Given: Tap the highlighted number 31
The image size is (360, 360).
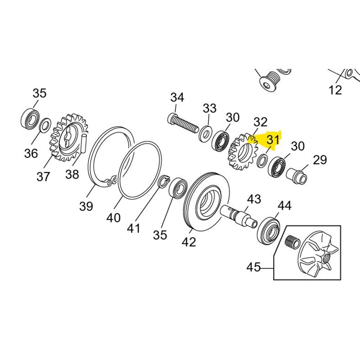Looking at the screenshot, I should [x=273, y=139].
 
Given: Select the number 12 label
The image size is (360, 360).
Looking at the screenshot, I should [x=335, y=90].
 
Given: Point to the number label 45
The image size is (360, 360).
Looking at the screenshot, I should [x=254, y=267].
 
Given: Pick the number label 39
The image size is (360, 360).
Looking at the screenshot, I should [x=86, y=206].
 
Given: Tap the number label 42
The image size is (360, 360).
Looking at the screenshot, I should [x=189, y=242].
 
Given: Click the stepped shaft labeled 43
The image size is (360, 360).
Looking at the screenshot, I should [x=241, y=215].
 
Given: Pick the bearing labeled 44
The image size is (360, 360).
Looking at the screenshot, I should [x=269, y=229].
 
